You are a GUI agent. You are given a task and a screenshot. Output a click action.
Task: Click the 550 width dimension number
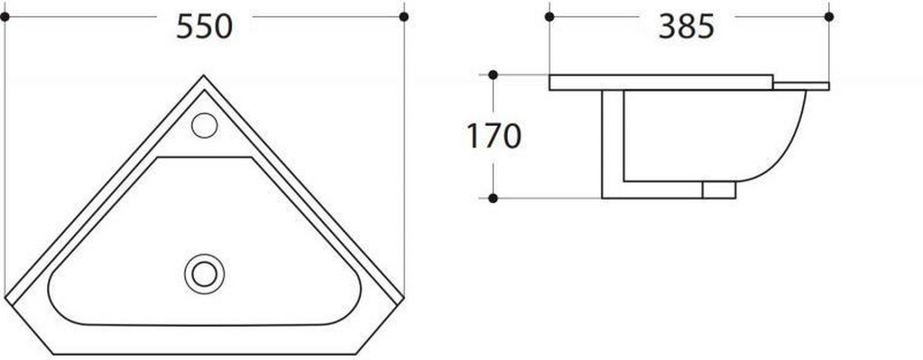[x=204, y=27]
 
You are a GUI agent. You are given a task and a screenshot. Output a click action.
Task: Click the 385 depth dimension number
[x=686, y=27]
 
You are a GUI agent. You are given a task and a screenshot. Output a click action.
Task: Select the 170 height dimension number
[x=494, y=136]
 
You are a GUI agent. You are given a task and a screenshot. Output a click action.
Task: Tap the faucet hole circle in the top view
[x=204, y=125]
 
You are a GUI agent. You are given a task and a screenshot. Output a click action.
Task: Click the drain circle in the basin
[x=204, y=274]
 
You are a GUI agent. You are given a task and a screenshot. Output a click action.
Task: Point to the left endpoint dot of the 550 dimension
[x=5, y=17]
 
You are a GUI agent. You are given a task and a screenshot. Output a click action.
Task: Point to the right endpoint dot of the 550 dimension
[x=404, y=17]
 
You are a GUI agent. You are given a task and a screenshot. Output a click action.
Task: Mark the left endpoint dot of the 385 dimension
[x=549, y=17]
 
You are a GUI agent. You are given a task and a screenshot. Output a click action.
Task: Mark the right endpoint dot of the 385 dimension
[x=829, y=17]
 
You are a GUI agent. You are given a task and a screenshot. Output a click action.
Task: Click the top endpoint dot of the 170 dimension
[x=493, y=75]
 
